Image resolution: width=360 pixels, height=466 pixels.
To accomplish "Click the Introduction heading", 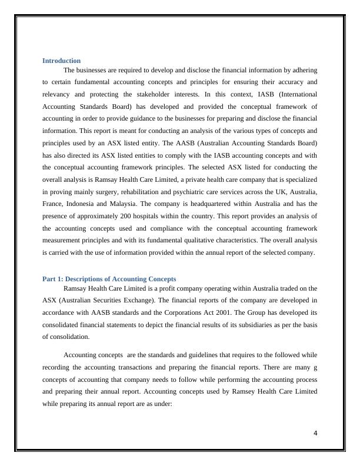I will click(61, 61).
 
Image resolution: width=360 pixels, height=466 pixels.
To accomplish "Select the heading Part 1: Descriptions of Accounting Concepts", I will click(109, 279).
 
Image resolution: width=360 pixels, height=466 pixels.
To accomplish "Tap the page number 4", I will click(315, 434).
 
